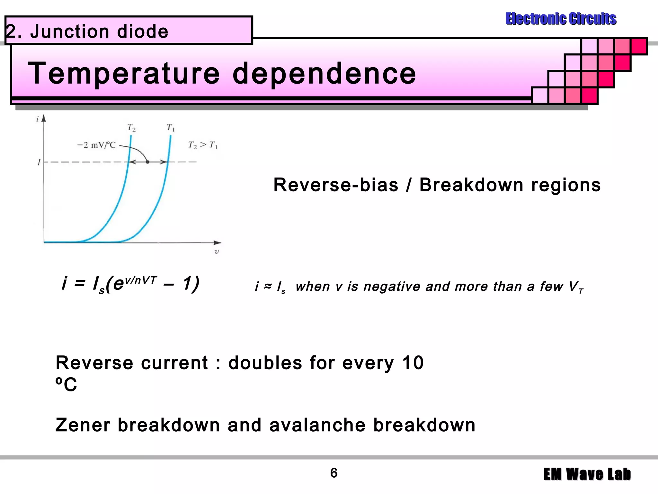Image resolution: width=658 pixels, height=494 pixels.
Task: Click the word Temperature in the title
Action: (x=124, y=74)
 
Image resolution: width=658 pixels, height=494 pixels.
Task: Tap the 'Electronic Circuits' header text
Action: (x=561, y=19)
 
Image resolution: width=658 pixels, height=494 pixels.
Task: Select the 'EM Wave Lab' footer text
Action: (x=587, y=474)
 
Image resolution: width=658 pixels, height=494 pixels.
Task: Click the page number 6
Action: (x=334, y=473)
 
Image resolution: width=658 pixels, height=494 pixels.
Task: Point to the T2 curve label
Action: (x=131, y=128)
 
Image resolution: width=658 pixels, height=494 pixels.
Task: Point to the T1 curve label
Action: (x=171, y=128)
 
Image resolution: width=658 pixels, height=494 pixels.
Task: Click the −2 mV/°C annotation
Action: (x=96, y=145)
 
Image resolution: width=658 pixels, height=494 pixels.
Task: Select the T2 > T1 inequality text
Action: (x=203, y=145)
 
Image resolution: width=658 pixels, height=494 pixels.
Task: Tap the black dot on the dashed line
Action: (x=147, y=162)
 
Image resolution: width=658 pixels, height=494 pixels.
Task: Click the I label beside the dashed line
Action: (x=39, y=162)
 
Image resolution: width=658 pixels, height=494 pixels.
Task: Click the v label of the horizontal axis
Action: (x=217, y=252)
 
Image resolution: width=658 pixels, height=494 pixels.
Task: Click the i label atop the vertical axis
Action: (x=37, y=119)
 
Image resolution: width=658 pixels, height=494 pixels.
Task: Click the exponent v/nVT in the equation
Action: (x=140, y=280)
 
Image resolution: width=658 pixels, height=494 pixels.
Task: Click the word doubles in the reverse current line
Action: (x=265, y=363)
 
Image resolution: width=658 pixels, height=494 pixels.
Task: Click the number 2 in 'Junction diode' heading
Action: (x=11, y=32)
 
